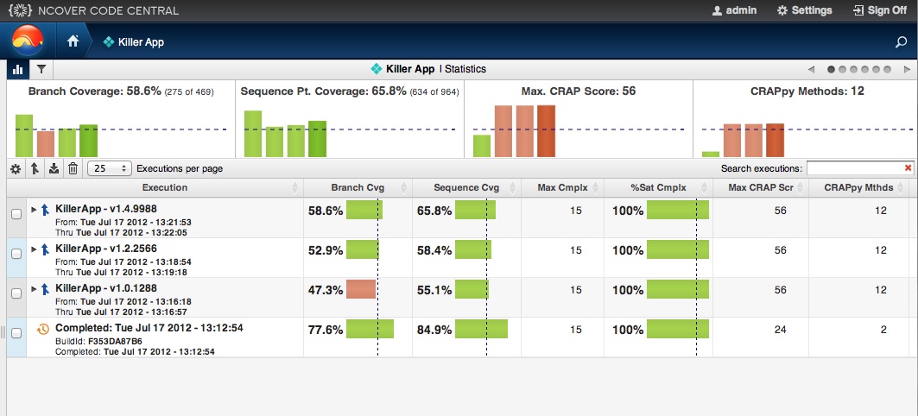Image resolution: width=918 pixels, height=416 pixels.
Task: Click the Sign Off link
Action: [x=879, y=10]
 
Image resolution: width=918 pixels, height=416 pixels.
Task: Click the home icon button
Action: [x=73, y=41]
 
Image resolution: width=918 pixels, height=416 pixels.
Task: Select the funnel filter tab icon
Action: [x=41, y=69]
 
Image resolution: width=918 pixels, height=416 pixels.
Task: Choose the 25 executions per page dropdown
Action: [x=111, y=168]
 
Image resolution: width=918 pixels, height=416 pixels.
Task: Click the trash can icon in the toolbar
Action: [x=73, y=168]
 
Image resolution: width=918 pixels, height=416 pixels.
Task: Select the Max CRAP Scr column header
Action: [x=761, y=187]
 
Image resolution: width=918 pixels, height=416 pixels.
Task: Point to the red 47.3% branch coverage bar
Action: [x=361, y=289]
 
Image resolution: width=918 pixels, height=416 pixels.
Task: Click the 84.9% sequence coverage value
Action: [x=434, y=330]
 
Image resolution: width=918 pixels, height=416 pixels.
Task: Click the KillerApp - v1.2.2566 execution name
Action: [x=105, y=249]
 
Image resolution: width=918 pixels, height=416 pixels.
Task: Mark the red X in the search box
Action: [x=908, y=167]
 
